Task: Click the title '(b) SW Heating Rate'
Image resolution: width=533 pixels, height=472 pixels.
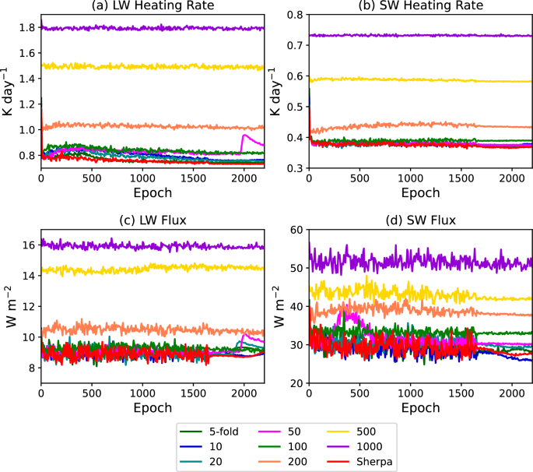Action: [x=421, y=6]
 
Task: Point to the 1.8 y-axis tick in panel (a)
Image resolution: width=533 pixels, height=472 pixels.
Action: [x=25, y=28]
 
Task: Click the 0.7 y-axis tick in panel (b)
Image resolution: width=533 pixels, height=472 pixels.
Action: [x=293, y=46]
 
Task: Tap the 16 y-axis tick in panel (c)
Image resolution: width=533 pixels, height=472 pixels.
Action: [x=27, y=245]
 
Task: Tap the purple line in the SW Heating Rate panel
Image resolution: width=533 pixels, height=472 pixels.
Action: [x=420, y=35]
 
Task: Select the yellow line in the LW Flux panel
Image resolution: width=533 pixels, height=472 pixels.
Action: [x=156, y=269]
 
